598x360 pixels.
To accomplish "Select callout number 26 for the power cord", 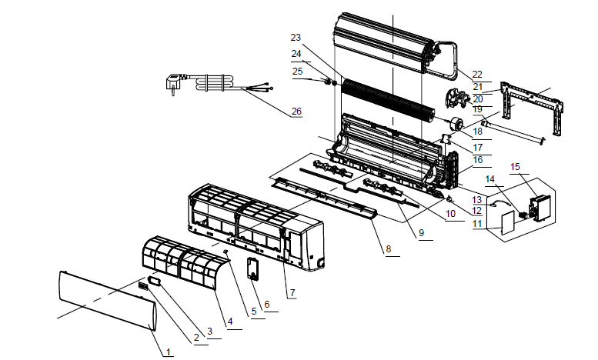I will pos(296,111).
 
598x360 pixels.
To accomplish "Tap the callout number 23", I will pos(296,37).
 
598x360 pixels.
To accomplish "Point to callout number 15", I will pos(515,166).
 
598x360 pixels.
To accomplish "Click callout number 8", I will pos(388,249).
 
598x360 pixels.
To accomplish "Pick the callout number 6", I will pos(267,305).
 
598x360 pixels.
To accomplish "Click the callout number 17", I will pos(477,147).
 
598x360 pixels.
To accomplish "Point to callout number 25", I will pos(296,71).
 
